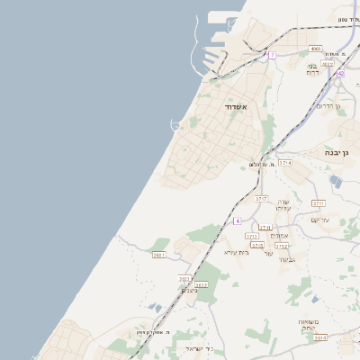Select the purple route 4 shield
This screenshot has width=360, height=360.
(x=237, y=220)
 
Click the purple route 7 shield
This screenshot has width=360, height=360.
(x=272, y=55)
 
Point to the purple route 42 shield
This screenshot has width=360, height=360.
(x=340, y=74)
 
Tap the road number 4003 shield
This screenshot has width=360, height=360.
(x=315, y=49)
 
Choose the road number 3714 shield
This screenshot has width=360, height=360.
(x=285, y=163)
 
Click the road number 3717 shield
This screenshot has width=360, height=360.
(x=261, y=198)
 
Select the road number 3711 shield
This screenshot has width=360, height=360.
(x=318, y=203)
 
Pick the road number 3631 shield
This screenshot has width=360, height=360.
(x=159, y=255)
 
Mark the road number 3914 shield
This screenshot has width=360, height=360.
(x=321, y=337)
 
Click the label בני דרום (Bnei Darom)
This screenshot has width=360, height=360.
(x=312, y=69)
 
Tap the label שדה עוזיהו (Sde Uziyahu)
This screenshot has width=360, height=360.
(x=283, y=205)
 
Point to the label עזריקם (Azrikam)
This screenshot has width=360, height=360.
(x=320, y=220)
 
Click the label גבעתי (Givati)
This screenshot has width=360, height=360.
(x=288, y=259)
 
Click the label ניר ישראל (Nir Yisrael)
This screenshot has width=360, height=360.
(x=198, y=348)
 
